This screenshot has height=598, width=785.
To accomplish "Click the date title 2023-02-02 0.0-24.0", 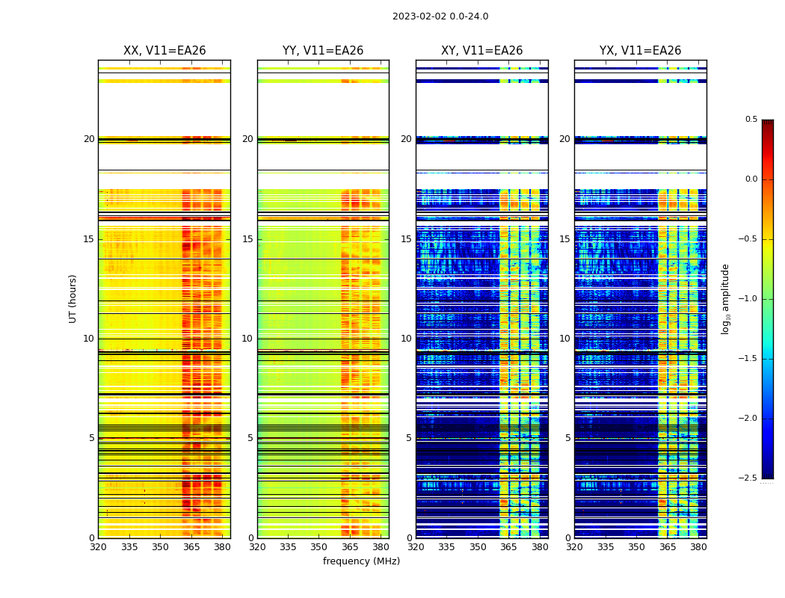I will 440,16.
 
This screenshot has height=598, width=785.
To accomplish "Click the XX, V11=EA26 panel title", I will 164,51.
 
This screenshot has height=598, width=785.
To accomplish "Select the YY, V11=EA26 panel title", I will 323,51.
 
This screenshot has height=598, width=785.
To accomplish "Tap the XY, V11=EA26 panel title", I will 482,51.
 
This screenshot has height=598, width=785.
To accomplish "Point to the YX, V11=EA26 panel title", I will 641,51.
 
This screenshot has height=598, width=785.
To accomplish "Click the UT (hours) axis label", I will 73,298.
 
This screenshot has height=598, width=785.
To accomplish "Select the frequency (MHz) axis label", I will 361,561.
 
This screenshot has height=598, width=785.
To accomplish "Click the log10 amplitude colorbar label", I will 725,298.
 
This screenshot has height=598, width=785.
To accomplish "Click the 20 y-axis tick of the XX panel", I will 89,139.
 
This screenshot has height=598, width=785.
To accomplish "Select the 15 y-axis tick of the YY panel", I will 247,239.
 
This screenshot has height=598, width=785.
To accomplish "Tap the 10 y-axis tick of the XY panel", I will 406,339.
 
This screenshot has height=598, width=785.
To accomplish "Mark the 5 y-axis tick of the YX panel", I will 567,438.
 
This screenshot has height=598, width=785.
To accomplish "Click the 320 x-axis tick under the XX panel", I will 98,546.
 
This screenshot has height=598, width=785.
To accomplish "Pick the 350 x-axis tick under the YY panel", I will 318,546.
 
